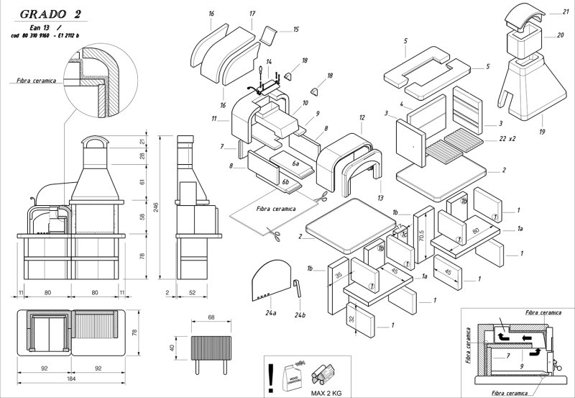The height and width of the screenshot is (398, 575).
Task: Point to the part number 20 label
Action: click(560, 35)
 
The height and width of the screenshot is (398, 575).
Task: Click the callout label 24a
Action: click(270, 314)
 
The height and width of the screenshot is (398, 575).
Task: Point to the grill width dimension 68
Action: click(211, 317)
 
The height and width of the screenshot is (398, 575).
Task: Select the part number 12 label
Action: click(362, 117)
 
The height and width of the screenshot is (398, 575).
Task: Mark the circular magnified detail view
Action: click(92, 79)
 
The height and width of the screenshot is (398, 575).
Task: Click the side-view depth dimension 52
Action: click(193, 293)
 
